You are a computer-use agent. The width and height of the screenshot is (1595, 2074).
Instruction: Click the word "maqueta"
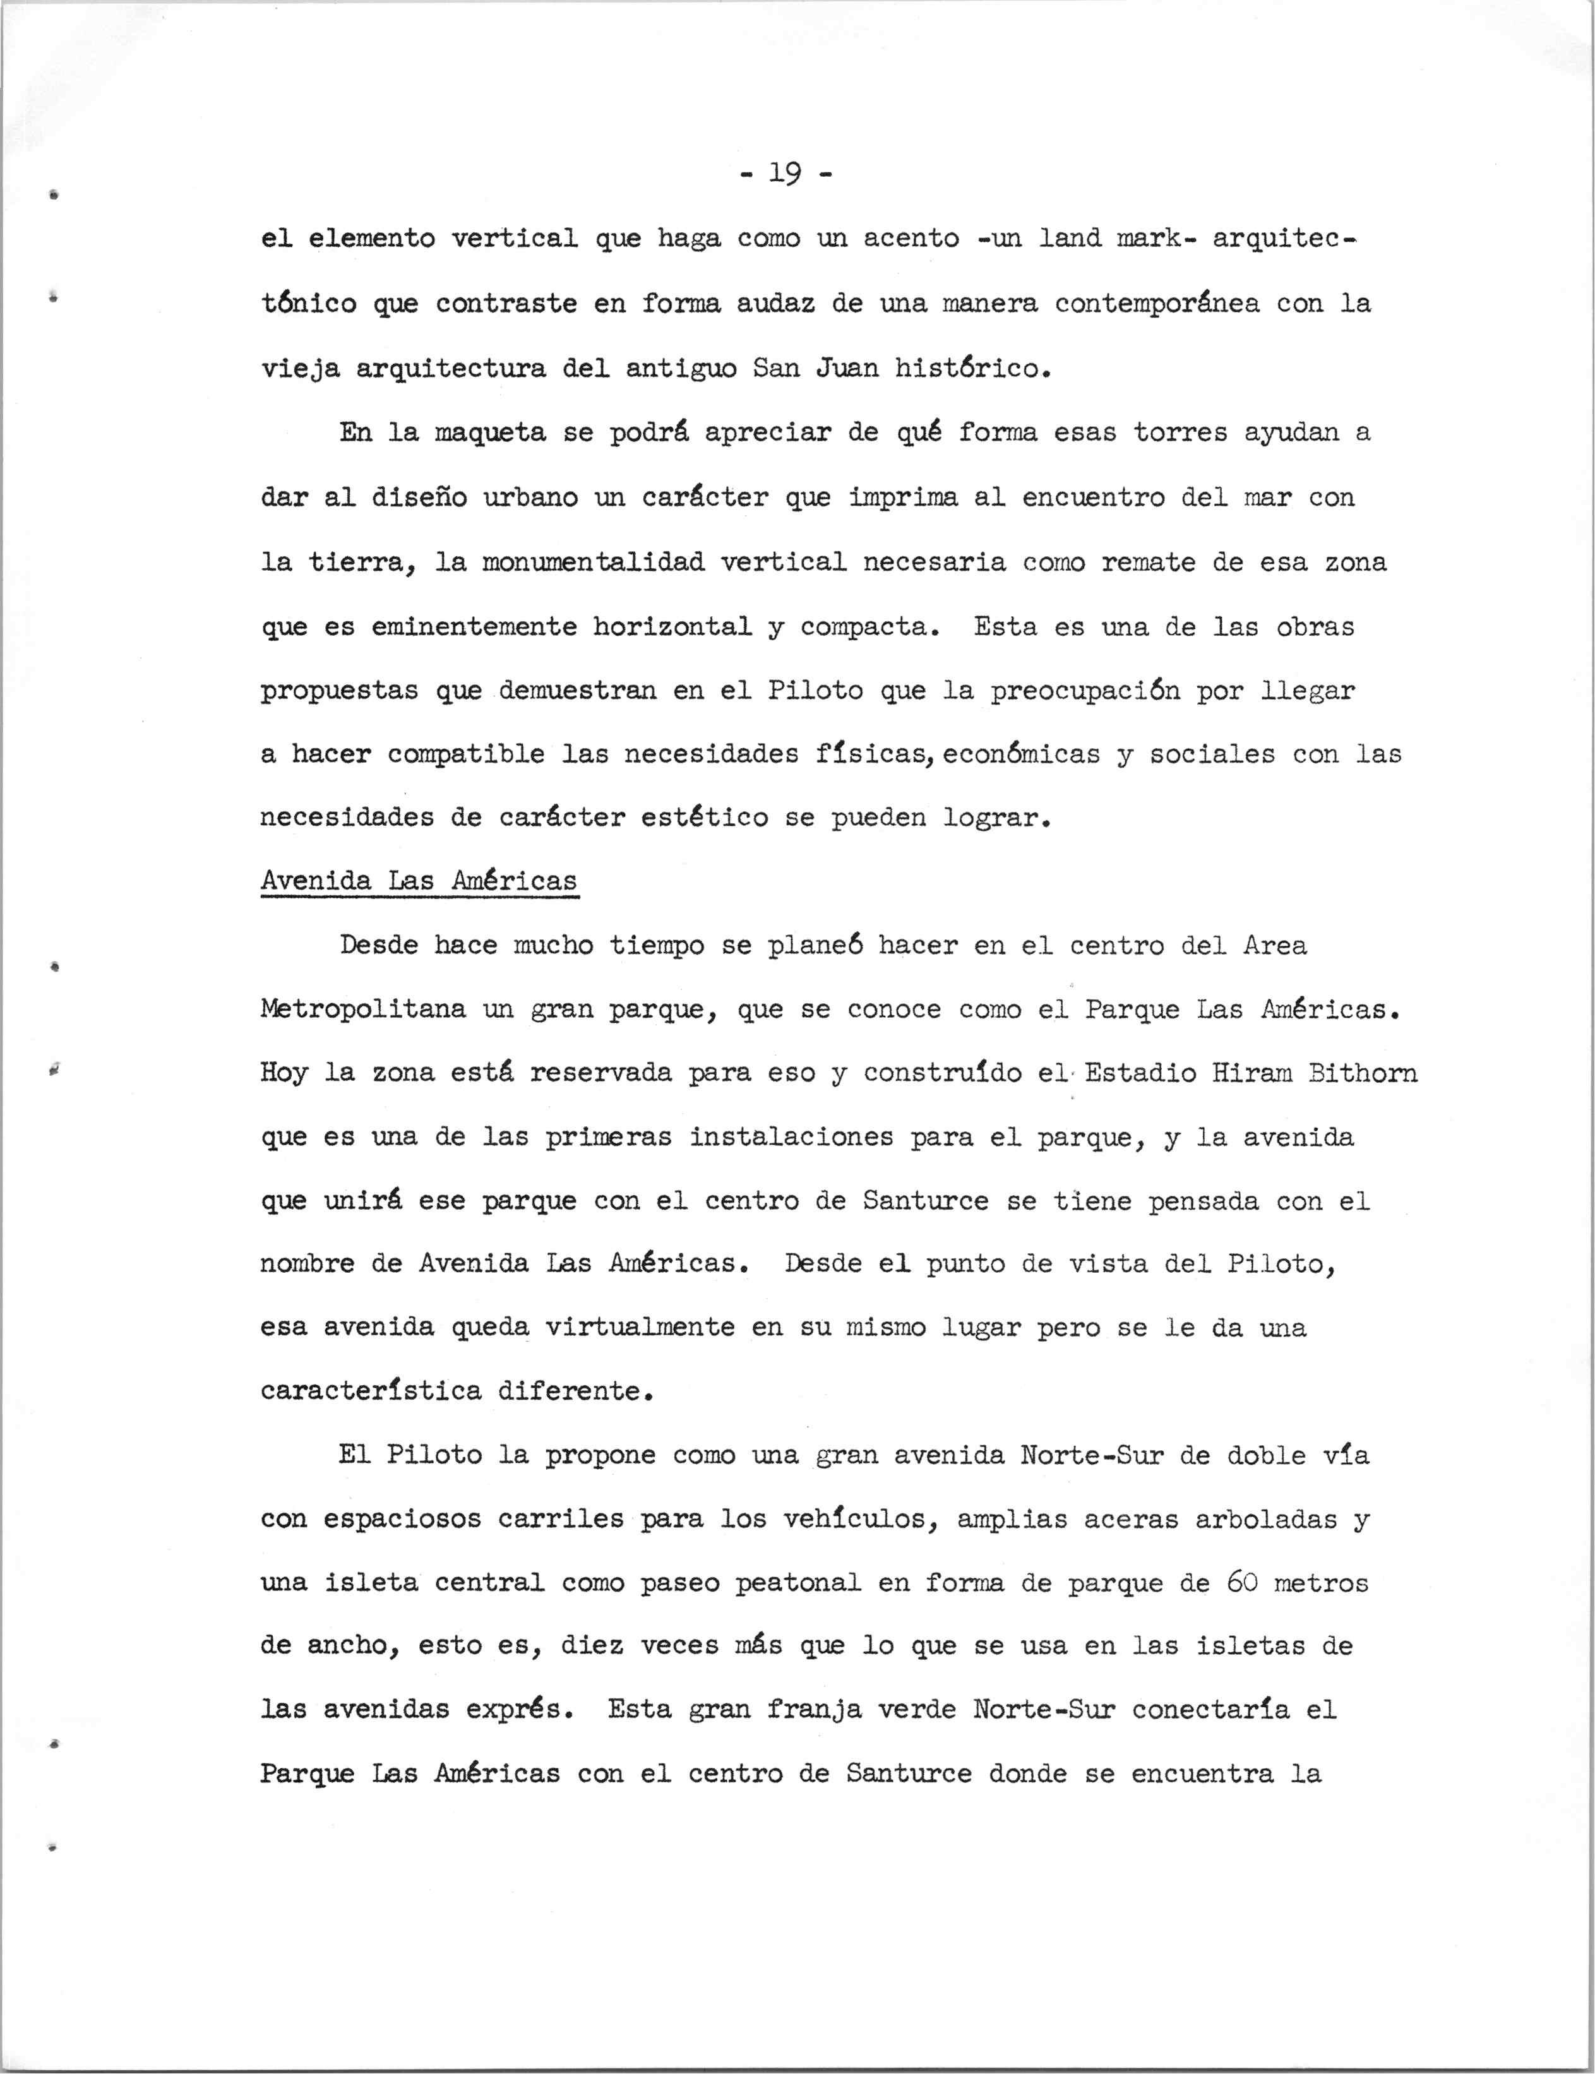[482, 433]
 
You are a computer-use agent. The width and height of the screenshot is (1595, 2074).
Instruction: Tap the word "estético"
[705, 818]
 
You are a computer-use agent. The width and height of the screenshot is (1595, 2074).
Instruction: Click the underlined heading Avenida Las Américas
[419, 881]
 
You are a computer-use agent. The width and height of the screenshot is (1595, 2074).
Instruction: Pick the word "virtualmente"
[640, 1327]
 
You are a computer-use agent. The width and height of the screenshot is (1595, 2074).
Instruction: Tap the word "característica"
[370, 1392]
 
